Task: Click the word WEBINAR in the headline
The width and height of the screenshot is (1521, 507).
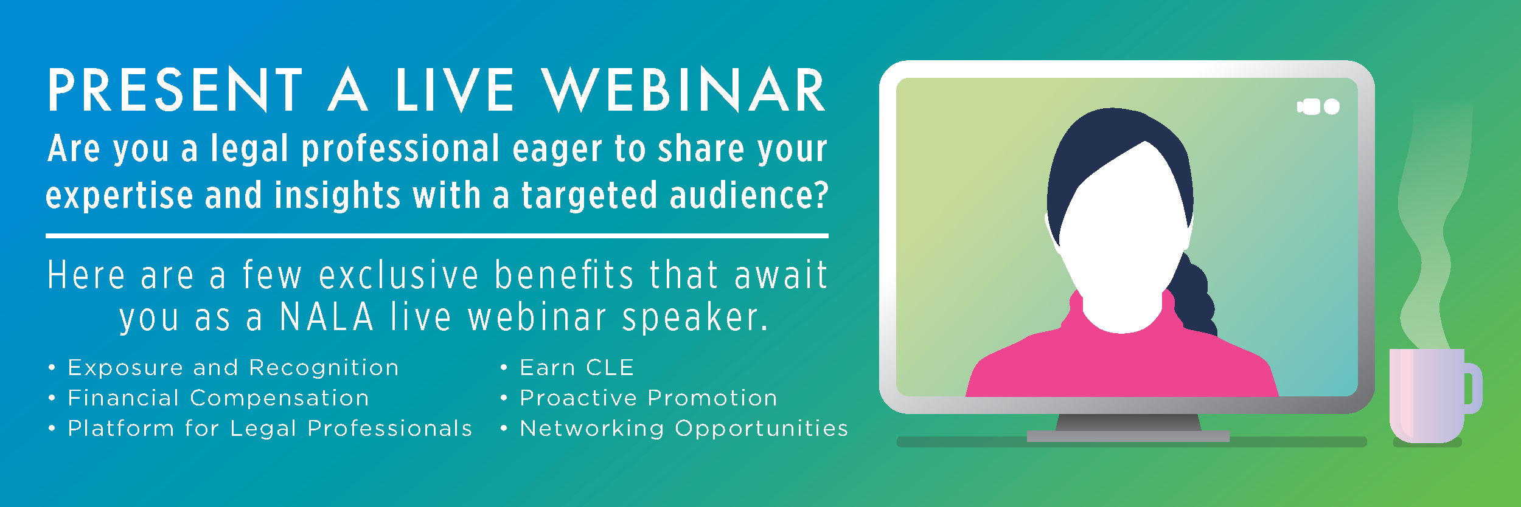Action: (684, 90)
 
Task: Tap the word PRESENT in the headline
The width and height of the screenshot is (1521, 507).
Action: (175, 90)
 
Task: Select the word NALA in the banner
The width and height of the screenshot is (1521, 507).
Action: (327, 317)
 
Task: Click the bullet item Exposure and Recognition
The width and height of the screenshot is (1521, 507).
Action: (233, 368)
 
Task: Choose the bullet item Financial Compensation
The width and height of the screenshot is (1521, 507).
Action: (218, 398)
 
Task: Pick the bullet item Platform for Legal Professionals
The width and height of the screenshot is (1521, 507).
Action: (270, 429)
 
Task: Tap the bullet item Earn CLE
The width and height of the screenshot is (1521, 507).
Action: (577, 368)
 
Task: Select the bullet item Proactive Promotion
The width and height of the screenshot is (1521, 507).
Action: (649, 398)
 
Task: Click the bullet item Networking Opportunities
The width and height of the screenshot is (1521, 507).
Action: (684, 429)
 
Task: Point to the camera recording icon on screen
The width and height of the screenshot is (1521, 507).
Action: (1318, 107)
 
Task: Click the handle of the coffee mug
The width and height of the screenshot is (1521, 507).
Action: (1473, 388)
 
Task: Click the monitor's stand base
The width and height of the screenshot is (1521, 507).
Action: (1128, 436)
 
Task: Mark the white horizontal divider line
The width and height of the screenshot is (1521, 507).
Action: (437, 236)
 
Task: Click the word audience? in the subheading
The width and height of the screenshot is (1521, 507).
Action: (749, 196)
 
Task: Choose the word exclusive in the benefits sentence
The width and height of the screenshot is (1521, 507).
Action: (399, 275)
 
